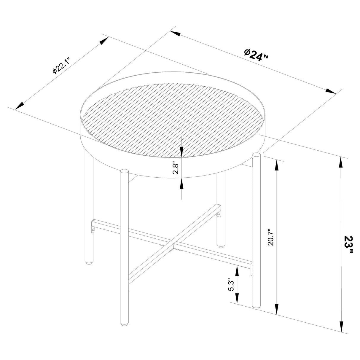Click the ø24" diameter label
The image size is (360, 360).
pos(256,55)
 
